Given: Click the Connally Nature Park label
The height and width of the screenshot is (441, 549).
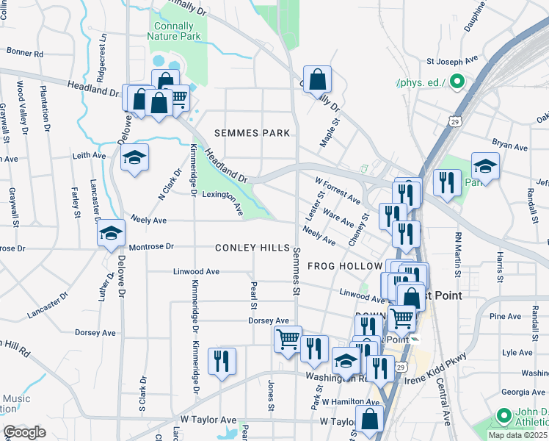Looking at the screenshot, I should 173,30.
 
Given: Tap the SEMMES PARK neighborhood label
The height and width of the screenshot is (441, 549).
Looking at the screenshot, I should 252,133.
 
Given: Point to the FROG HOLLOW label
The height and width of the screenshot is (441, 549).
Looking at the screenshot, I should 344,266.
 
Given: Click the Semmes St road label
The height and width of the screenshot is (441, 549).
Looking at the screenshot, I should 297,271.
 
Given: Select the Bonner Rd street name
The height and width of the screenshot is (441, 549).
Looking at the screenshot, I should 25,54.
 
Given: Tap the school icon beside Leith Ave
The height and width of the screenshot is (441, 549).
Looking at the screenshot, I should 134,157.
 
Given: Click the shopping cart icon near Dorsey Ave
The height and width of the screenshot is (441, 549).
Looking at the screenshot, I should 288,340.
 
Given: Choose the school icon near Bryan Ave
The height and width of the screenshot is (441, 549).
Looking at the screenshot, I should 485,165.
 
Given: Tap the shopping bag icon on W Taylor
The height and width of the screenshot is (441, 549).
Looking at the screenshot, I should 370,420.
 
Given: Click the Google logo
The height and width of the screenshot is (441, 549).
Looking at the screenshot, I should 24,431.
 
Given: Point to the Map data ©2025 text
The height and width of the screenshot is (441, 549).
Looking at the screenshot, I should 518,435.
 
